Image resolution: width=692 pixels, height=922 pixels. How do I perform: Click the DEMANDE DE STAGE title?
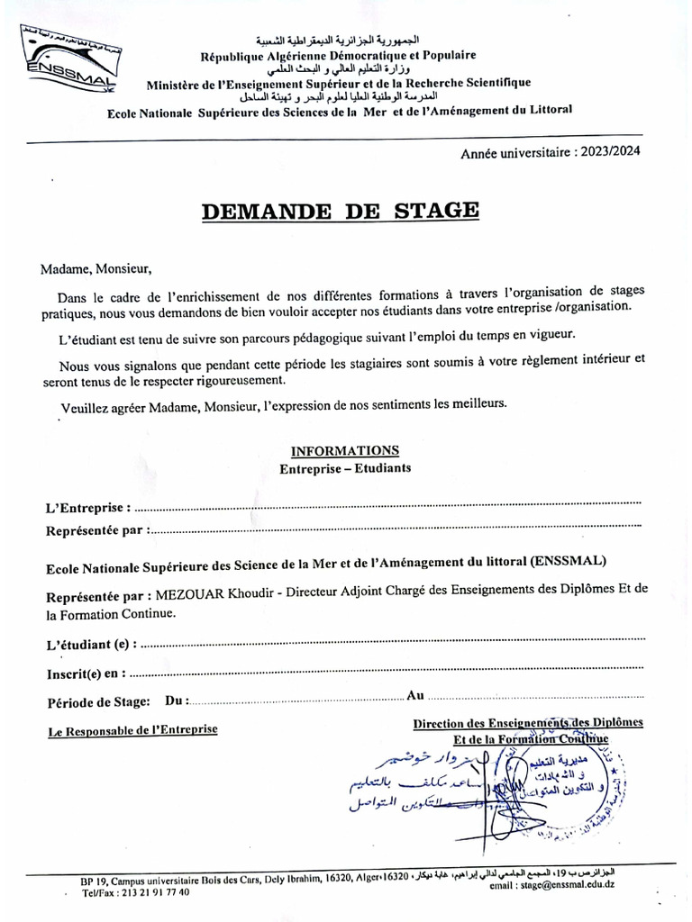pyautogui.click(x=340, y=211)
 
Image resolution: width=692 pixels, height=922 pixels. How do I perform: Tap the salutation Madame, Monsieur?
pyautogui.click(x=91, y=267)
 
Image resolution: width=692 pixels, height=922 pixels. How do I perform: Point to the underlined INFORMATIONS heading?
pyautogui.click(x=345, y=450)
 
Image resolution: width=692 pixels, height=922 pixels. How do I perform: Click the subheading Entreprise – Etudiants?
pyautogui.click(x=345, y=468)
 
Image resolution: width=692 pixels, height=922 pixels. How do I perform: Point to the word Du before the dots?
pyautogui.click(x=176, y=701)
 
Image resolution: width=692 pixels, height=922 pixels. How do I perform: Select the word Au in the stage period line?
pyautogui.click(x=415, y=695)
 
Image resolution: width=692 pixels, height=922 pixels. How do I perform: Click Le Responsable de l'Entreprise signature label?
pyautogui.click(x=132, y=730)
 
